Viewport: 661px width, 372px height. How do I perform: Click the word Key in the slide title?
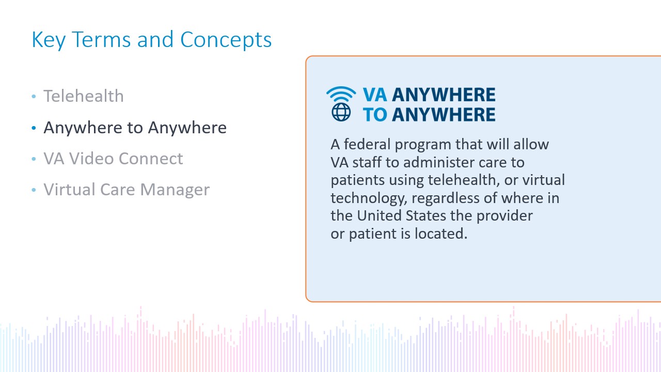(49, 40)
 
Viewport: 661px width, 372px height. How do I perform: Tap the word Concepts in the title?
(226, 40)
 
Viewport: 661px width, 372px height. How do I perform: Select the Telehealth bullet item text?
(84, 96)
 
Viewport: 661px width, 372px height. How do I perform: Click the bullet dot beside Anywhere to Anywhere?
(34, 128)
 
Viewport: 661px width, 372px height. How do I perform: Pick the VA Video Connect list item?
(113, 159)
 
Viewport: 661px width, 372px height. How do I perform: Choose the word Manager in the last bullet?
(175, 190)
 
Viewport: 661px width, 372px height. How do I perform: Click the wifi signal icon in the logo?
(341, 94)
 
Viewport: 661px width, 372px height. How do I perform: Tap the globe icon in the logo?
(341, 112)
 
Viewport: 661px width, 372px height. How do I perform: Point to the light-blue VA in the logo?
(375, 95)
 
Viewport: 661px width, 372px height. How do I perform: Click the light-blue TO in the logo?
(375, 115)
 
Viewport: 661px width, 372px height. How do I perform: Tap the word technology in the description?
(369, 198)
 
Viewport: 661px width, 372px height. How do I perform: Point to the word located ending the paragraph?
(441, 234)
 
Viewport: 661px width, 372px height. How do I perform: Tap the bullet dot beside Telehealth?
(34, 96)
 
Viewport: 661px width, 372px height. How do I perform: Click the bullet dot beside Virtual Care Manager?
(34, 190)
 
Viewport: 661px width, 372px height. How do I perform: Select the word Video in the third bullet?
(91, 159)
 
